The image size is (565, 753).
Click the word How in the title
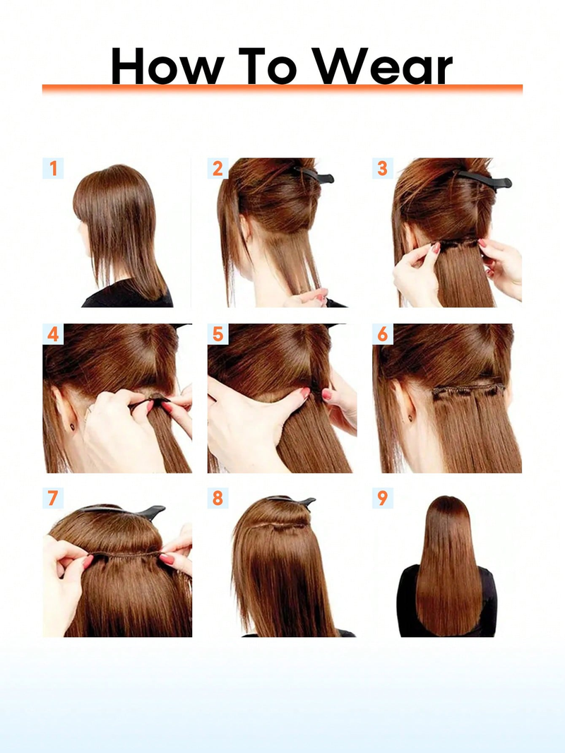(x=167, y=66)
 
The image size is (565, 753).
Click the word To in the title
(x=268, y=66)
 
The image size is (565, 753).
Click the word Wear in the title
(x=383, y=66)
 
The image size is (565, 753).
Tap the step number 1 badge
(x=53, y=168)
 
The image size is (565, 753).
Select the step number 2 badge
(x=218, y=168)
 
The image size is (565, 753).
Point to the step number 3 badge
(x=382, y=168)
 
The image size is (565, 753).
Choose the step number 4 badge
(x=53, y=333)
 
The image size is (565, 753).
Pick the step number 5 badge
(x=218, y=333)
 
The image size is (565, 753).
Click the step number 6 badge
(x=382, y=333)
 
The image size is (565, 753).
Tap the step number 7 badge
(x=53, y=498)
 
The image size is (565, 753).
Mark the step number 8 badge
(x=218, y=498)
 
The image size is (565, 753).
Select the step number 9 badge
(x=382, y=498)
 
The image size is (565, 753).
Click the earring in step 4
(x=73, y=426)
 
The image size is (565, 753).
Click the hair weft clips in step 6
(x=468, y=390)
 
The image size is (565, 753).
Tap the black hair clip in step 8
(x=293, y=502)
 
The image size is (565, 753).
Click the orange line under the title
(x=282, y=88)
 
